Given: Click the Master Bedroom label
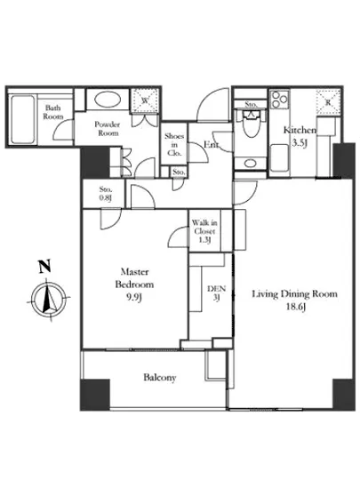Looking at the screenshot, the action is pos(134,285).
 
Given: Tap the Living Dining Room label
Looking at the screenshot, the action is pos(294,300).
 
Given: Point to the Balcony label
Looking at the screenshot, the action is pos(160,377).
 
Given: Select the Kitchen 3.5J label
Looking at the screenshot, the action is pos(300,136).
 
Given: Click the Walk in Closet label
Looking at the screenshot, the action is pos(204,231).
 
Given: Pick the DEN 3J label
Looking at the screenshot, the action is pos(216,293).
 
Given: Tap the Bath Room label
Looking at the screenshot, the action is pos(53,112).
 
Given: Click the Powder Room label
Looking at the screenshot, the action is pos(108,129).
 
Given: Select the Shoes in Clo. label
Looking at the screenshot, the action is pos(174,144).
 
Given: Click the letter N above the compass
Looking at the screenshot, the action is pos(44,267).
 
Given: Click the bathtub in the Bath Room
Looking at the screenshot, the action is pos(22,119).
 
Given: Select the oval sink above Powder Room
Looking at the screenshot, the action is pos(108,100).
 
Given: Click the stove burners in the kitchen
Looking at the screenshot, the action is pos(279,100).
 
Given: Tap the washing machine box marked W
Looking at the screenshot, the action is pos(145,100).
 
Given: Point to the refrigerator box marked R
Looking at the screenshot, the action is pos(328,102).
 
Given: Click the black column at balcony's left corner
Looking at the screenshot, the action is pos(95,395).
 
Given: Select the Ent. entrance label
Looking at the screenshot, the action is pos(212,145).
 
